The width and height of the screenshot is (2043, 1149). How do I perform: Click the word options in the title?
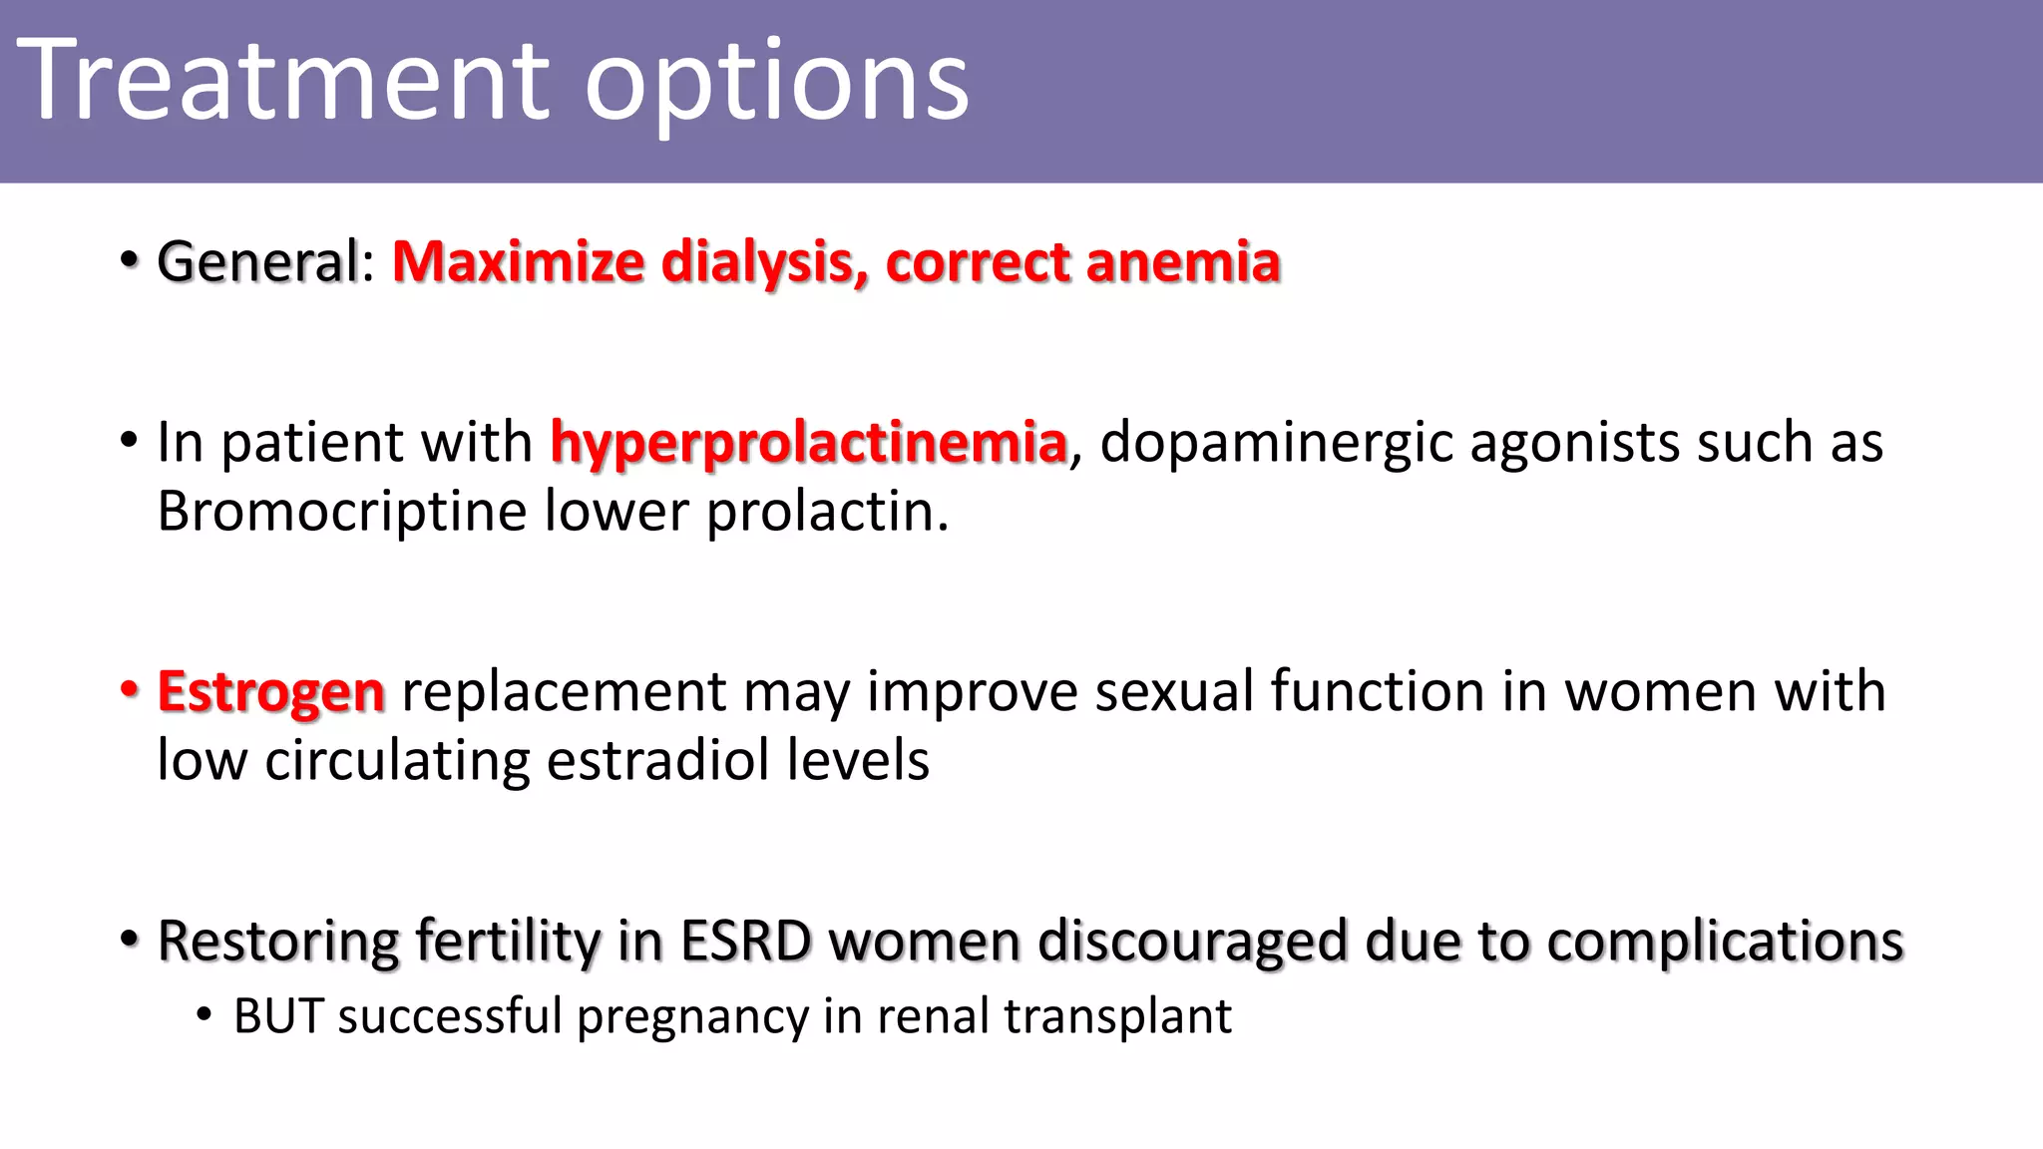[776, 84]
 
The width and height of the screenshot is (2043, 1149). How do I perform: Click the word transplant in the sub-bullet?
[1117, 1016]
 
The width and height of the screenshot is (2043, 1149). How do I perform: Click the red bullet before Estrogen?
[129, 690]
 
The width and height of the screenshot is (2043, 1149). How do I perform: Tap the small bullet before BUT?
[204, 1016]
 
